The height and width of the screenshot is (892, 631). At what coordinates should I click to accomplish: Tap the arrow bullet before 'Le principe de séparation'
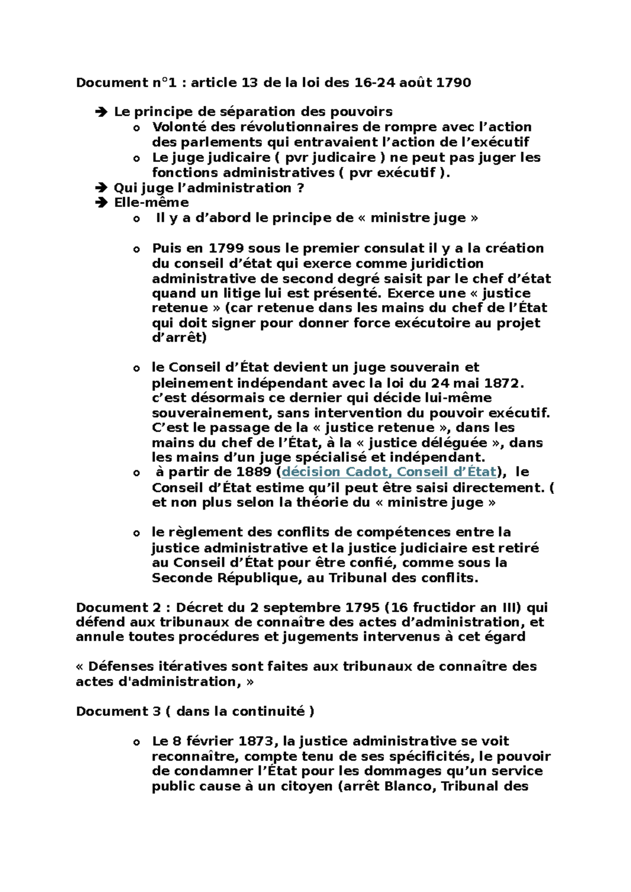(100, 112)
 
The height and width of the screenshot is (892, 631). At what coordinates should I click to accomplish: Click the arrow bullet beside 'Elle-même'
(100, 203)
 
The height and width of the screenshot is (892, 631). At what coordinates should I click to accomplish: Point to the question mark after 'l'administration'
(300, 188)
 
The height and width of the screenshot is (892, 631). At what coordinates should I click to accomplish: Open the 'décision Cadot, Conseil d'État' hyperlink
(389, 472)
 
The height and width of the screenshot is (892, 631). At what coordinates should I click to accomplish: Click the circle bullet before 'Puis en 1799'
(137, 249)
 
